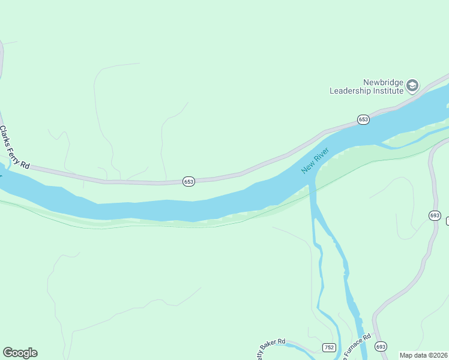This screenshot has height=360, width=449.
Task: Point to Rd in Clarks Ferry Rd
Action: tap(25, 163)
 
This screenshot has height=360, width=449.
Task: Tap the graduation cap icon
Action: tap(412, 86)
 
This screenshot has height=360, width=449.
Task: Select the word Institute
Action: tap(389, 91)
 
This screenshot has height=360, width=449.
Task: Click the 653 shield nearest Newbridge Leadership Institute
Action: tap(363, 119)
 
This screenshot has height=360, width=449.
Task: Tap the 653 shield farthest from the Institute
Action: tap(188, 181)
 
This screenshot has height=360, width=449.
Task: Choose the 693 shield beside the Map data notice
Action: tap(381, 347)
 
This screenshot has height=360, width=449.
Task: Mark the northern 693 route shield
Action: tap(435, 215)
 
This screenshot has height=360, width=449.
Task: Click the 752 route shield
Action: tap(329, 347)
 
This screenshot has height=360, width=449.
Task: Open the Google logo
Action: tap(20, 353)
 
